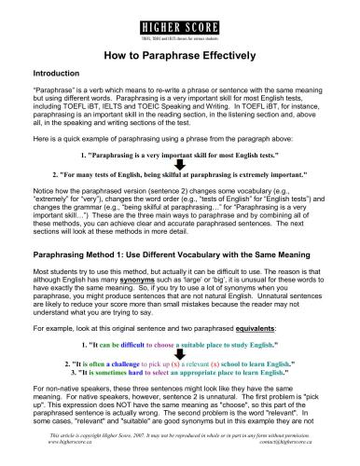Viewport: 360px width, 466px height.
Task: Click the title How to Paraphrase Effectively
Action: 179,55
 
